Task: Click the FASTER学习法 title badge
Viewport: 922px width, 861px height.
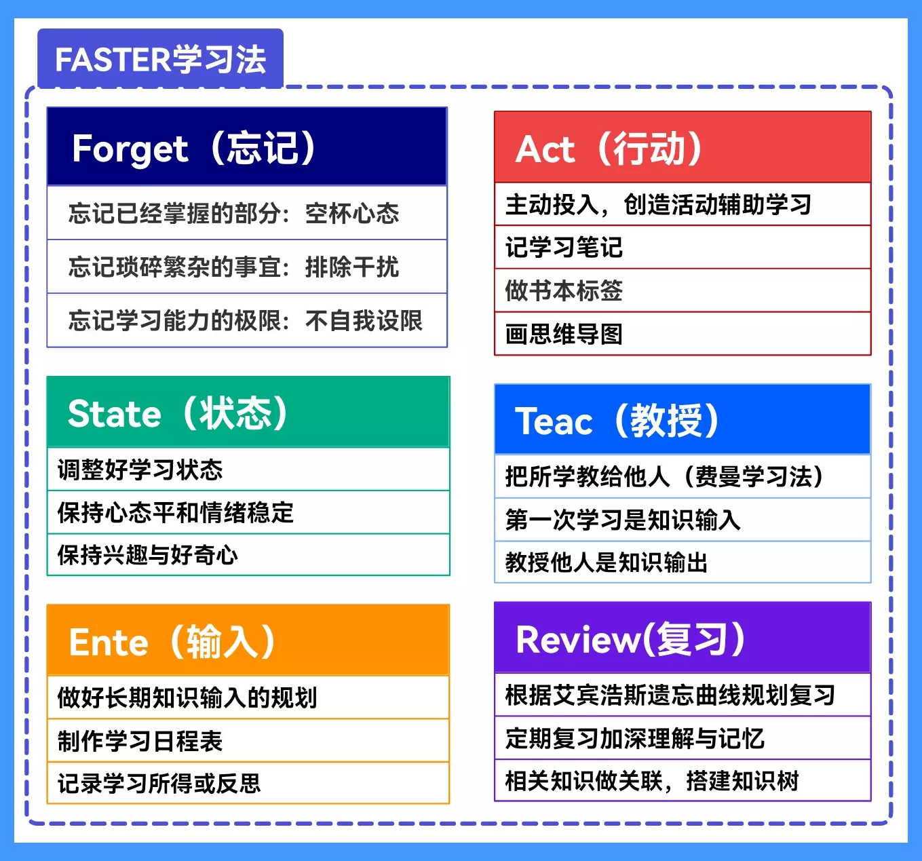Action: click(x=160, y=58)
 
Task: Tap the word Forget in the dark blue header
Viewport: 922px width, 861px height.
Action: click(x=130, y=149)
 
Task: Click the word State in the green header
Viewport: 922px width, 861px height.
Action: click(x=114, y=413)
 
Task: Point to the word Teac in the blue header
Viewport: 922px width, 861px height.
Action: click(x=554, y=421)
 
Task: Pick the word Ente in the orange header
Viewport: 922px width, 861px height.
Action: click(x=109, y=643)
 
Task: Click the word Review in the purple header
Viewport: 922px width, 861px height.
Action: click(x=579, y=640)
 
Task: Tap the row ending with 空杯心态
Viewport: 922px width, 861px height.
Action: click(x=247, y=213)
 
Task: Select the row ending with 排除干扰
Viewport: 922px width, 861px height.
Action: click(x=247, y=267)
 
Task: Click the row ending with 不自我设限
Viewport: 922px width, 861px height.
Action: click(x=247, y=320)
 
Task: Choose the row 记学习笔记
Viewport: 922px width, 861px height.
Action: click(x=683, y=247)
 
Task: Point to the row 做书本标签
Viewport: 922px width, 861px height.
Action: click(x=683, y=290)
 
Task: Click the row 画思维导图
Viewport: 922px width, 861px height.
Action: click(x=683, y=334)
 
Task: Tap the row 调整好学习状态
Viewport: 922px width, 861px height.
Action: click(x=248, y=469)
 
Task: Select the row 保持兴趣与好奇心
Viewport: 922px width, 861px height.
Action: click(x=248, y=554)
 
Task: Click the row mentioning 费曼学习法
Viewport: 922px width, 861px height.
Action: click(x=683, y=476)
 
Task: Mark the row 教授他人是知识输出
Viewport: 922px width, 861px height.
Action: click(x=683, y=562)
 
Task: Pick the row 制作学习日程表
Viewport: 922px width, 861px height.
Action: click(x=248, y=741)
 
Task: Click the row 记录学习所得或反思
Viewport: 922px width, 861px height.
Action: click(x=248, y=783)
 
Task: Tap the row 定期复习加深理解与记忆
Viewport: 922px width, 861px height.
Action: click(x=683, y=738)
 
